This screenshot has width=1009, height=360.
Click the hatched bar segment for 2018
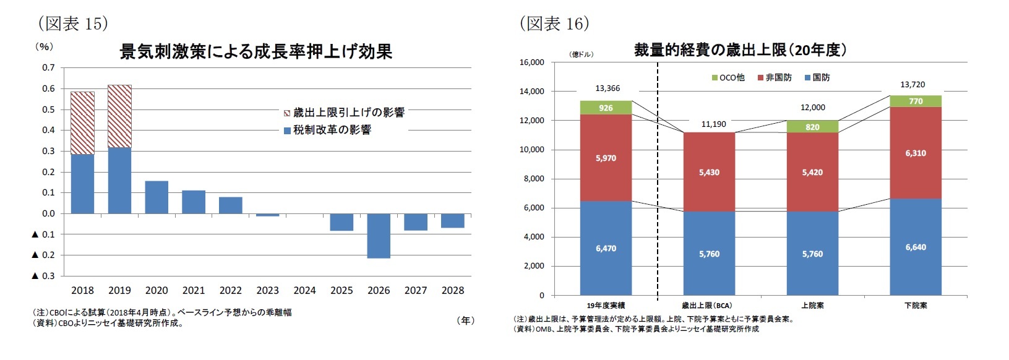pos(82,123)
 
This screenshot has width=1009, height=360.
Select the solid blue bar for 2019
pos(119,181)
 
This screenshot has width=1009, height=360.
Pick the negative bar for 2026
pos(379,236)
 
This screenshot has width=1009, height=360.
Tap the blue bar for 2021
pos(194,202)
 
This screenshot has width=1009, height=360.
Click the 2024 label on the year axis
pos(304,290)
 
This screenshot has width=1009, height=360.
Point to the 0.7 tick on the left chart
pos(48,67)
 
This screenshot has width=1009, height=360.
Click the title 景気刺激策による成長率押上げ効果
pos(255,51)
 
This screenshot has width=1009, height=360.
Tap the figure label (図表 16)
pos(554,24)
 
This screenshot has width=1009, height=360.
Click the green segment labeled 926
pos(606,108)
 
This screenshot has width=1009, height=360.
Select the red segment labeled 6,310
pos(916,153)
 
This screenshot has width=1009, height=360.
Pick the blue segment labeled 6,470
pos(606,248)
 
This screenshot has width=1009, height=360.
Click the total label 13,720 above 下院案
pos(912,85)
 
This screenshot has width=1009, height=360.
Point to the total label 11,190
pos(713,124)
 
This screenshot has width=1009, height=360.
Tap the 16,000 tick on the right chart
pos(531,62)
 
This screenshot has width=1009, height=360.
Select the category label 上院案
pos(812,306)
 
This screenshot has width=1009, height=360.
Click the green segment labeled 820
pos(812,127)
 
